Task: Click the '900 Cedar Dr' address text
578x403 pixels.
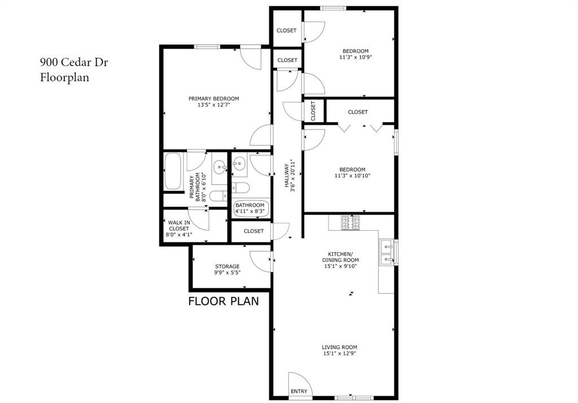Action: [x=73, y=62]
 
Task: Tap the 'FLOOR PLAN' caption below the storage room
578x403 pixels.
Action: [x=224, y=301]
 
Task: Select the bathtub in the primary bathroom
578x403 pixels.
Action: [x=173, y=171]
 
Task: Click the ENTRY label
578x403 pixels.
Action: [x=299, y=391]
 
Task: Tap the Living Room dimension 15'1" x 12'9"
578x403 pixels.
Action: [x=339, y=354]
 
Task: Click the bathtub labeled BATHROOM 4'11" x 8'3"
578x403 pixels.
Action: [x=250, y=208]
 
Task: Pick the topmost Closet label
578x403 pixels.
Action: [x=286, y=31]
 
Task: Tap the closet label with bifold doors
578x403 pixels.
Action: [x=357, y=112]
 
